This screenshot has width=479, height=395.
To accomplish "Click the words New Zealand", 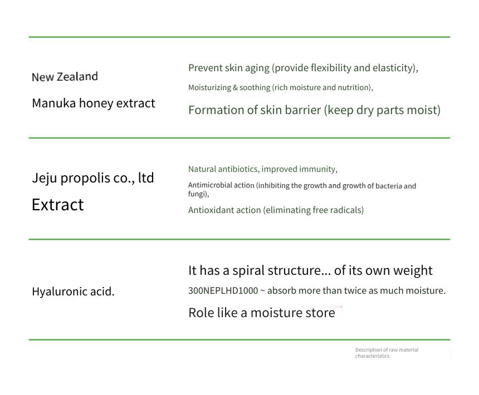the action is click(65, 77).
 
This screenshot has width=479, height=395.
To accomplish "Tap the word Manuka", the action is click(54, 103).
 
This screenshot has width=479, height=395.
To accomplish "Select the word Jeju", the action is click(45, 178).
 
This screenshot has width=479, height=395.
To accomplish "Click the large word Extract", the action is click(58, 204).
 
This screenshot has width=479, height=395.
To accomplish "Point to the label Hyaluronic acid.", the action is click(73, 292).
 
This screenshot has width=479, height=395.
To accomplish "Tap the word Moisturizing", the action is click(209, 87).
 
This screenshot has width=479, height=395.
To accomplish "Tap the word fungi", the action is click(198, 194).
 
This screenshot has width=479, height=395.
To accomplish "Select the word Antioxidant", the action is click(209, 210).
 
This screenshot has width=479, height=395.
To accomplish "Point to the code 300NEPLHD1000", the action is click(223, 290).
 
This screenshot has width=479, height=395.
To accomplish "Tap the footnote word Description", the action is click(368, 350).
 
